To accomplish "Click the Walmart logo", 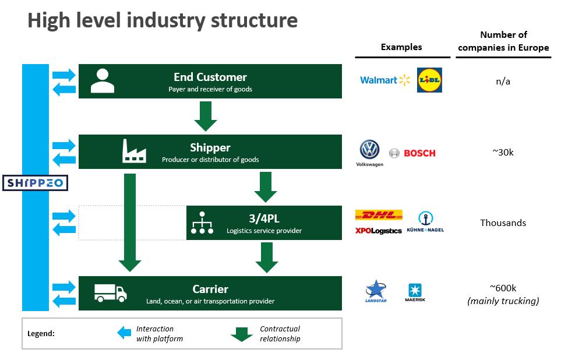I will pyautogui.click(x=385, y=80).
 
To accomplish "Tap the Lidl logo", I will pyautogui.click(x=429, y=80).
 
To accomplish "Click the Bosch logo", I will pyautogui.click(x=412, y=153).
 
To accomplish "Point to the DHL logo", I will pyautogui.click(x=379, y=215).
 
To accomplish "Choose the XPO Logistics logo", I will pyautogui.click(x=379, y=231).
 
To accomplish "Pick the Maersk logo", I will pyautogui.click(x=416, y=292).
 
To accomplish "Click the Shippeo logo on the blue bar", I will pyautogui.click(x=35, y=183).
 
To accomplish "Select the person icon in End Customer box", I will pyautogui.click(x=103, y=81).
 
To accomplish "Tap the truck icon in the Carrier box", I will pyautogui.click(x=111, y=293).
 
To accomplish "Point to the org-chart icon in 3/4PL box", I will pyautogui.click(x=202, y=222).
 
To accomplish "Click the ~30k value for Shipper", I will pyautogui.click(x=503, y=152).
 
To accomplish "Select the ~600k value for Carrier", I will pyautogui.click(x=503, y=288).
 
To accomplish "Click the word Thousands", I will pyautogui.click(x=503, y=223).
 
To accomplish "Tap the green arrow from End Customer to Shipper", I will pyautogui.click(x=206, y=116).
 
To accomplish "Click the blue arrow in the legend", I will pyautogui.click(x=124, y=333).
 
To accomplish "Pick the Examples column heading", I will pyautogui.click(x=401, y=47).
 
